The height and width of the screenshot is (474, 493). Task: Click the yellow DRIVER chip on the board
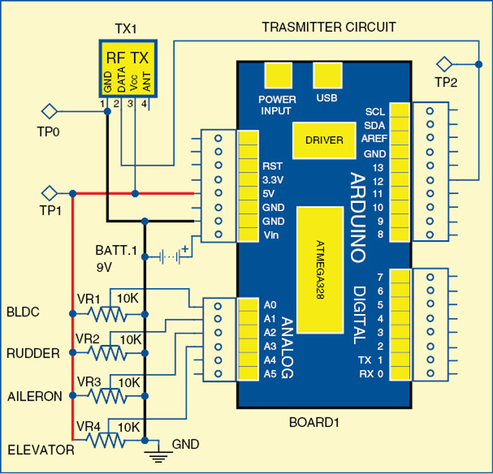coord(324,140)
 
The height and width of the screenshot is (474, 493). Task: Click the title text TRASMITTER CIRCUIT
coord(329,27)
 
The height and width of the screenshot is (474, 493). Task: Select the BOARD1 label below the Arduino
coord(314,423)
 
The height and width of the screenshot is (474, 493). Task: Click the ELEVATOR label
coord(41,449)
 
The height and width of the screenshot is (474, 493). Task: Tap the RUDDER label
coord(33,354)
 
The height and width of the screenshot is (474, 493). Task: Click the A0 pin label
coord(270,305)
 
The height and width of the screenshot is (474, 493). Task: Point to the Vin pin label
coord(271,235)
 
